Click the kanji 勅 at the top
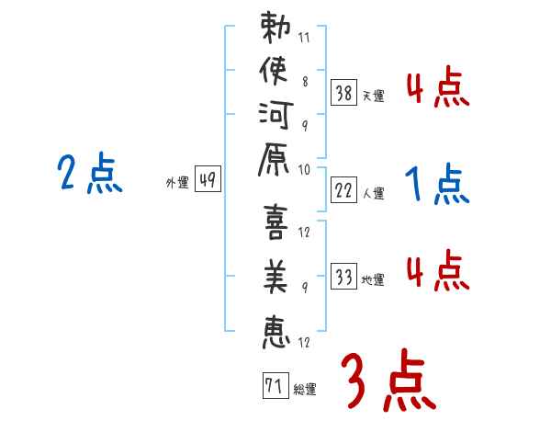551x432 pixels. pos(275,30)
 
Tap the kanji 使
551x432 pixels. pos(275,74)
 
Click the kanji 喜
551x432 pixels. pos(275,226)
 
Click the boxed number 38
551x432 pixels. pos(343,92)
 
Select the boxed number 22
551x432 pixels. pos(343,190)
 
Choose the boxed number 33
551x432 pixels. pos(343,278)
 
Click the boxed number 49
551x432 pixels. pos(207,180)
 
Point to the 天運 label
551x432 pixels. pos(374,95)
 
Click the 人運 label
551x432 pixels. pos(374,193)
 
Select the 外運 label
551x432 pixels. pos(176,183)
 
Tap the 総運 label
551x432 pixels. pos(305,389)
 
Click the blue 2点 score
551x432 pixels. pos(90,174)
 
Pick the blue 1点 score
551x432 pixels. pos(437,185)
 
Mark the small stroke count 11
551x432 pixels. pos(304,39)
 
